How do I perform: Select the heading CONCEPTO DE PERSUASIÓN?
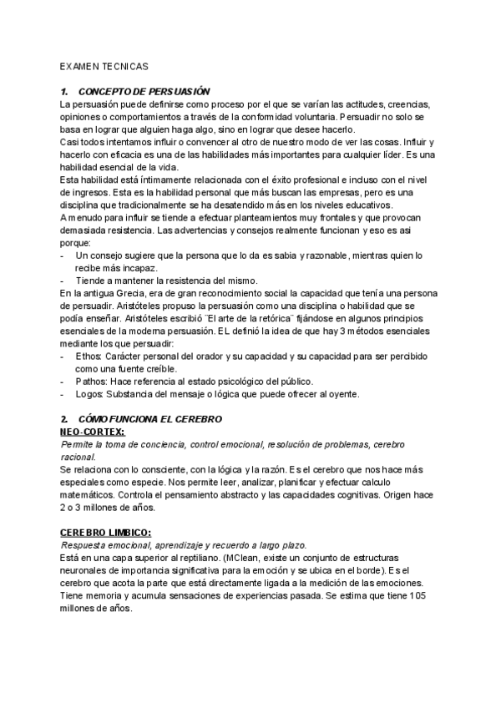coord(143,91)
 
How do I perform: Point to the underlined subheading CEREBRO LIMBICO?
coord(105,531)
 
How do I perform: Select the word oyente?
coord(343,394)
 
